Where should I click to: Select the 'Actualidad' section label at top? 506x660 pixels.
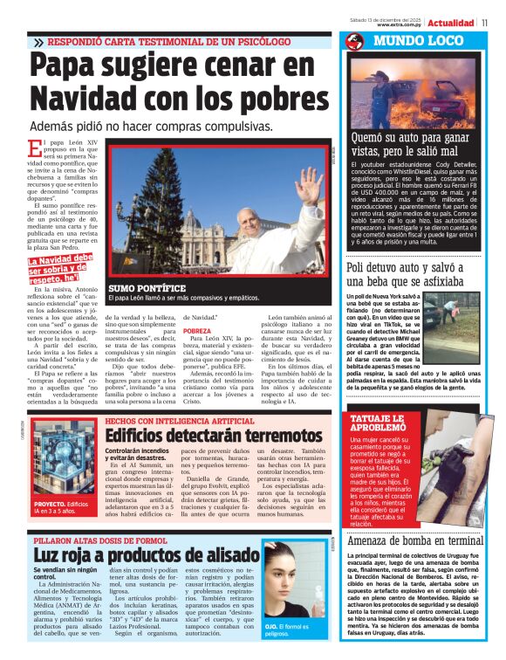(x=450, y=23)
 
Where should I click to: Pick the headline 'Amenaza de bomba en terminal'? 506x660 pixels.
(x=414, y=540)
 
